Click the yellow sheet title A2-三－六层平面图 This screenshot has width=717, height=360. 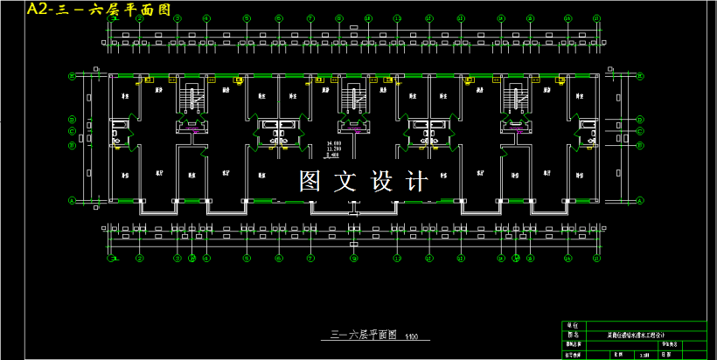(98, 10)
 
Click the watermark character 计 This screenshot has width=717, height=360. (417, 181)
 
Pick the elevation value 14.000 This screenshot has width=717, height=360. (333, 142)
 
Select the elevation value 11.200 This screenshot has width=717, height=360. (333, 149)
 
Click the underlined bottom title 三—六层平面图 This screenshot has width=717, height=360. (364, 335)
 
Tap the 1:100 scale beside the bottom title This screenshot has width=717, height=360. (412, 336)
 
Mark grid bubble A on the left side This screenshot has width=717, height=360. (71, 201)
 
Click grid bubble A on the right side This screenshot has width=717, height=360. (640, 201)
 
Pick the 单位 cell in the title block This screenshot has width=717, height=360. (574, 325)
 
